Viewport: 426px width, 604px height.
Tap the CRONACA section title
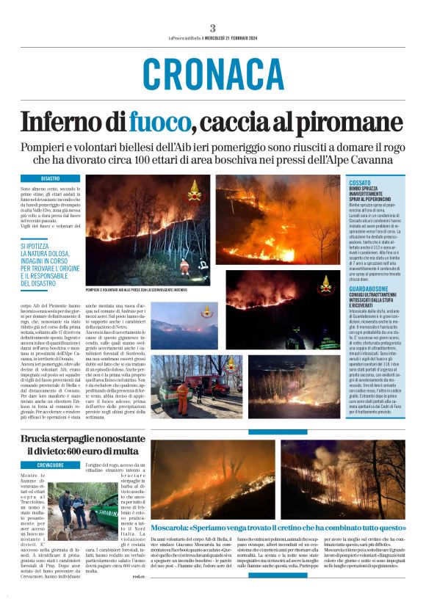[x=213, y=73]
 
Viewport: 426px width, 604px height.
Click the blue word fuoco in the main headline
[x=158, y=120]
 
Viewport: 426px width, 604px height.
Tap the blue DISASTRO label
[x=51, y=178]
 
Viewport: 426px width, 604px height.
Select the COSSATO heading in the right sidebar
[x=361, y=181]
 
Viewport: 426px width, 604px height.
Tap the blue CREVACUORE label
[x=51, y=465]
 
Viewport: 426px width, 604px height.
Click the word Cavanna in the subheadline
[x=374, y=159]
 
